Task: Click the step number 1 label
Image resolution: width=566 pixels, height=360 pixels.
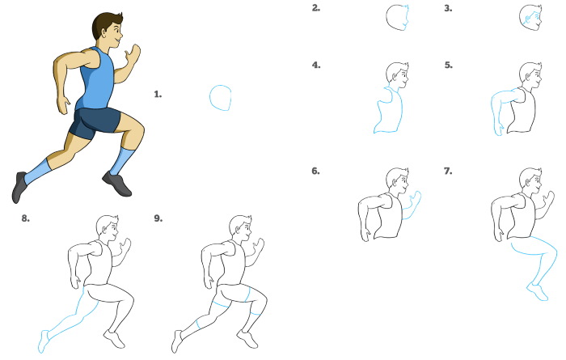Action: pyautogui.click(x=158, y=94)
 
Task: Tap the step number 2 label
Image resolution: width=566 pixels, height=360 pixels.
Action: pyautogui.click(x=316, y=8)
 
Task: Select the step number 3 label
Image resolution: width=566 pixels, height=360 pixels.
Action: pyautogui.click(x=448, y=8)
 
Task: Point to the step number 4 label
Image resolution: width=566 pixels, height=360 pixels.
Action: pyautogui.click(x=316, y=65)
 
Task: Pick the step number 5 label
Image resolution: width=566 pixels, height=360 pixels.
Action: pyautogui.click(x=448, y=65)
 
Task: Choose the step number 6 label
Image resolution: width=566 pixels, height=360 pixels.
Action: pyautogui.click(x=315, y=171)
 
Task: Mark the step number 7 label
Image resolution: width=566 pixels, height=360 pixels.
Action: pyautogui.click(x=448, y=171)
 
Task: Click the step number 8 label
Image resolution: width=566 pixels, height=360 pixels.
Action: pyautogui.click(x=25, y=218)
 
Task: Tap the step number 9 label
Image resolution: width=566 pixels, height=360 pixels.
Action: pyautogui.click(x=158, y=218)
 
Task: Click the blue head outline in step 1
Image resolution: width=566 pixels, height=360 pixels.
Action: pyautogui.click(x=210, y=98)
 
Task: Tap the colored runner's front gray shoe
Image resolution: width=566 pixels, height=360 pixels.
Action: pyautogui.click(x=117, y=184)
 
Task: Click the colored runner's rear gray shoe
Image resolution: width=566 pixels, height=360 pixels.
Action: pyautogui.click(x=19, y=187)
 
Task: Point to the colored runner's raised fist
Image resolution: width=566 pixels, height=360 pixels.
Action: pyautogui.click(x=133, y=53)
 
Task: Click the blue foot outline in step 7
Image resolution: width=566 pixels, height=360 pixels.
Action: pyautogui.click(x=538, y=292)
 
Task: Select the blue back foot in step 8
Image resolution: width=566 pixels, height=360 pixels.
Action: pyautogui.click(x=44, y=341)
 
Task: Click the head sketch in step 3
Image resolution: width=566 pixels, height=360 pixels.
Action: pyautogui.click(x=530, y=17)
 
